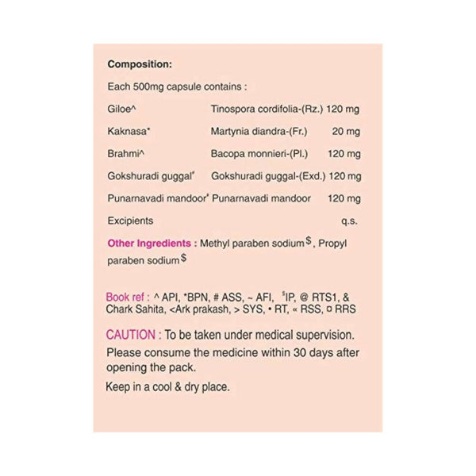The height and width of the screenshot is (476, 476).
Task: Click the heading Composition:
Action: (x=140, y=64)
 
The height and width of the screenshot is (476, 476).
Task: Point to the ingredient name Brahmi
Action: (x=122, y=153)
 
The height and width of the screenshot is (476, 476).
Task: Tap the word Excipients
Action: (x=130, y=221)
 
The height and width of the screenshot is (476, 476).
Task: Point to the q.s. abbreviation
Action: (x=348, y=221)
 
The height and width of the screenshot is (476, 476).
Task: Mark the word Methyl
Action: (x=217, y=244)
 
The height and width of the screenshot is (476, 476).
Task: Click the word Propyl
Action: (x=334, y=244)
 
